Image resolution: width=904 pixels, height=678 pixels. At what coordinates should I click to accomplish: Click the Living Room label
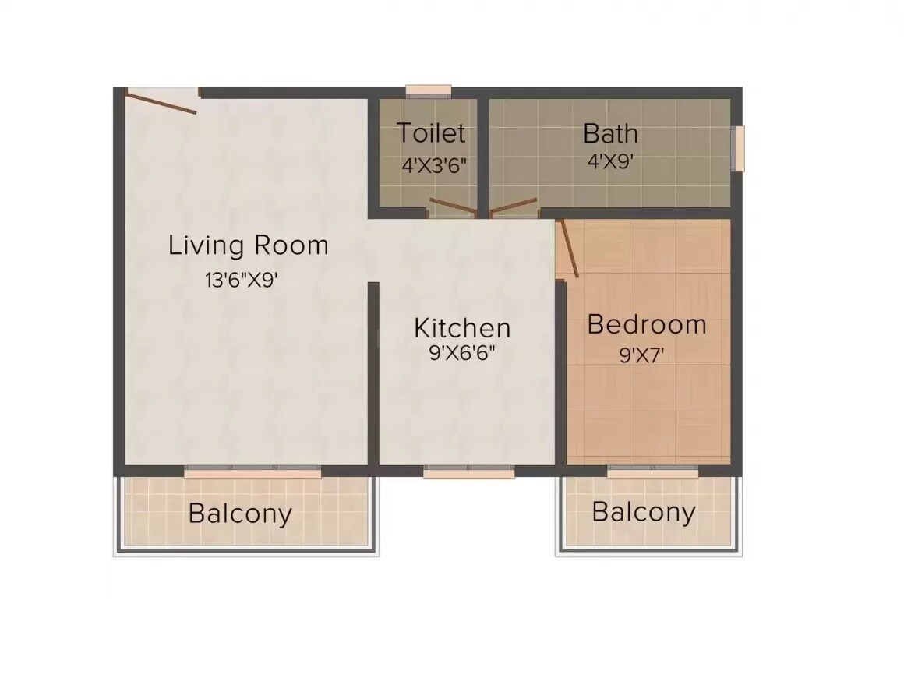pyautogui.click(x=248, y=246)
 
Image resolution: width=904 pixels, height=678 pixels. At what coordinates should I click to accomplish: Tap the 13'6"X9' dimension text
pyautogui.click(x=242, y=280)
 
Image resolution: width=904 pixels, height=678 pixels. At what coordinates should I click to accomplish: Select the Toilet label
pyautogui.click(x=431, y=133)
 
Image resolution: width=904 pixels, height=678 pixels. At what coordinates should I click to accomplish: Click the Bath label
pyautogui.click(x=610, y=133)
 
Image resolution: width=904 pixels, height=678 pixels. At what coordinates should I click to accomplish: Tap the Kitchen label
pyautogui.click(x=462, y=327)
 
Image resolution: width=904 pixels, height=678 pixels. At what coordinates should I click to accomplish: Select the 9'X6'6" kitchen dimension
pyautogui.click(x=462, y=353)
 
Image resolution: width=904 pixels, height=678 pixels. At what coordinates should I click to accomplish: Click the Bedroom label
pyautogui.click(x=646, y=323)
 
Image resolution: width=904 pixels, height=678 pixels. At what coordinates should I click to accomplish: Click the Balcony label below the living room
pyautogui.click(x=240, y=514)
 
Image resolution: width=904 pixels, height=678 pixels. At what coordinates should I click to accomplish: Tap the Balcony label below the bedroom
pyautogui.click(x=643, y=512)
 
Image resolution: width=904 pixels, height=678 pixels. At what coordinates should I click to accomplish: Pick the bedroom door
pyautogui.click(x=568, y=248)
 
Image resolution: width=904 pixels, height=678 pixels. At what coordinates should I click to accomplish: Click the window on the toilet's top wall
pyautogui.click(x=429, y=90)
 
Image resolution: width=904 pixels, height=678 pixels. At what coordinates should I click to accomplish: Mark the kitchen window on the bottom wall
pyautogui.click(x=468, y=472)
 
